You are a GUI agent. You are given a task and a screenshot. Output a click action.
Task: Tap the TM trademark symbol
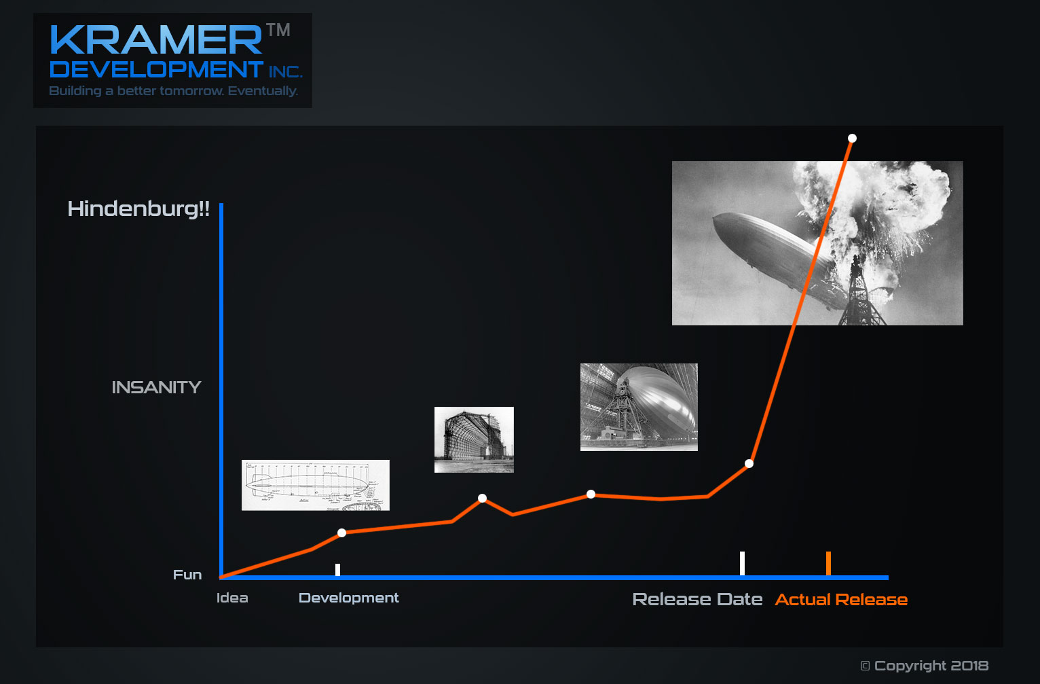pos(278,30)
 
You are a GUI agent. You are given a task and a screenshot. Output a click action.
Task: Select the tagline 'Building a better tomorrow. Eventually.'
pos(173,90)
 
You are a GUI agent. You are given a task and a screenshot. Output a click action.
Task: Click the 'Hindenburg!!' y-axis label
pos(138,209)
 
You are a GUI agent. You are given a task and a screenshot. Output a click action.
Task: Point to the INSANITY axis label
pos(156,387)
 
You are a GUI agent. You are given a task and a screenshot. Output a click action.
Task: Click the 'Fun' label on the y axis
pos(187,575)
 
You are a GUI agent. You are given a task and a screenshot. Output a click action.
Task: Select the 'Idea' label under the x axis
pos(232,598)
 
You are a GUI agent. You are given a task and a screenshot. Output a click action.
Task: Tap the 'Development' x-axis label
pos(349,598)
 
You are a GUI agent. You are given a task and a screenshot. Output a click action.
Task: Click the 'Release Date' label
pos(697,599)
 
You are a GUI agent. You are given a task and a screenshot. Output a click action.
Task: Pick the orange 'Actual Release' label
pos(841,599)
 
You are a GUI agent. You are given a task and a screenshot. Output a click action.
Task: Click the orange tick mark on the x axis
pos(828,564)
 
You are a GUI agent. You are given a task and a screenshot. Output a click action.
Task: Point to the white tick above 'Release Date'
pos(743,564)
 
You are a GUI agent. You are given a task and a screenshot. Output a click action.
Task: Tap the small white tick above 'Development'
pos(337,570)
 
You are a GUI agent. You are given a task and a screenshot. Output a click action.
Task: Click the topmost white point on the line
pos(852,138)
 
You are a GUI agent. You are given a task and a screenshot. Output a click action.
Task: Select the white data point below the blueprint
pos(341,533)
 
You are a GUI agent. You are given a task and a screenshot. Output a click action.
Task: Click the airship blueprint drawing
pos(316,485)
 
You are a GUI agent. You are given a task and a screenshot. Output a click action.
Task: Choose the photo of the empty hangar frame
pos(474,439)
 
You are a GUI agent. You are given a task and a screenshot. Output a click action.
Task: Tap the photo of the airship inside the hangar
pos(639,407)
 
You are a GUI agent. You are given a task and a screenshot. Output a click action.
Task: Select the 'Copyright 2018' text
pos(925,666)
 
